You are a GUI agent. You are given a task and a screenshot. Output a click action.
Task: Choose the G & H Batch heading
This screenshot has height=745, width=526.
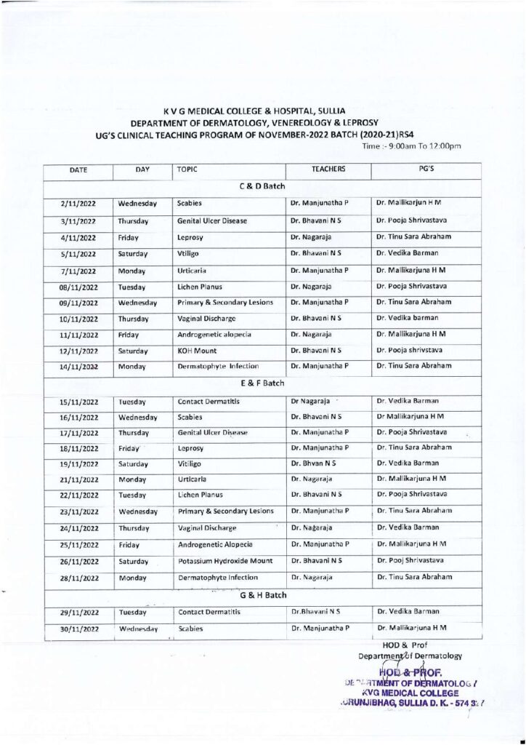(262, 596)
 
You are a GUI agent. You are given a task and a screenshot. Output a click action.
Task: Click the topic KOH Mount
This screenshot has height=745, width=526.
(200, 350)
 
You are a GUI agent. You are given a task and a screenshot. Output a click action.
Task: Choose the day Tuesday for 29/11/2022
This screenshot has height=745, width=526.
(132, 613)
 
